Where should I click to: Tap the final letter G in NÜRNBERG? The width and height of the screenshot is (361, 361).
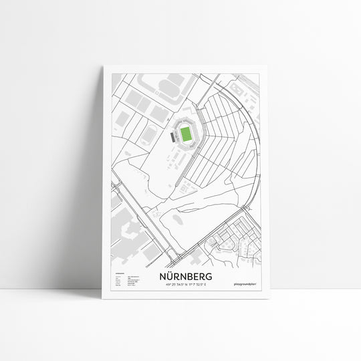click(210, 277)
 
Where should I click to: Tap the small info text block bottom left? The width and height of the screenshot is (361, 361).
click(124, 280)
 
